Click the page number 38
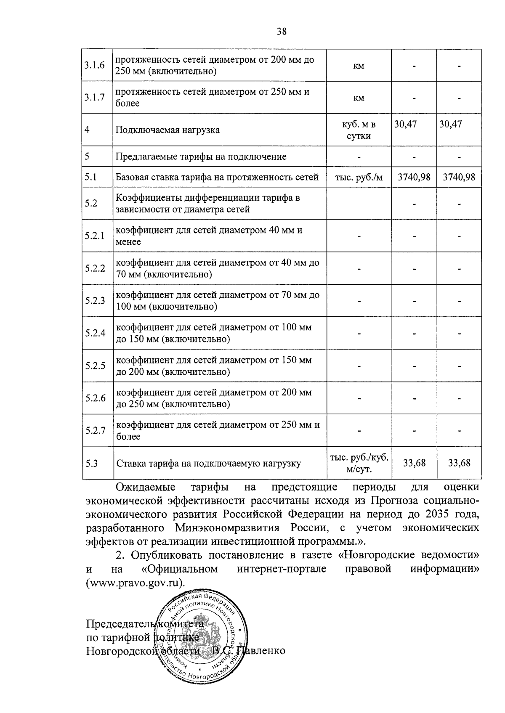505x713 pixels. pos(282,31)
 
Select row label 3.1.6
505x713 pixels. pos(94,65)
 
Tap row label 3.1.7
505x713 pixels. pos(94,98)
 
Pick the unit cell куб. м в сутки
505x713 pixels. pos(359,130)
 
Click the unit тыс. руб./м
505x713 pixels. pos(359,177)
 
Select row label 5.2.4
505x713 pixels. pos(95,333)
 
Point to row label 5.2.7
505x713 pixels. pos(95,430)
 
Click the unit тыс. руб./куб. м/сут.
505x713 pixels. pos(359,463)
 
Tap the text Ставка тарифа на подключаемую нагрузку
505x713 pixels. pos(208,464)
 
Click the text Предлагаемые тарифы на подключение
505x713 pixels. pos(201,157)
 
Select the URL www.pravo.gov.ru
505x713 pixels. pos(135,584)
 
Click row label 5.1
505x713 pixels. pos(90,177)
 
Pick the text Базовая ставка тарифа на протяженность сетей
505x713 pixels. pos(217,177)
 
